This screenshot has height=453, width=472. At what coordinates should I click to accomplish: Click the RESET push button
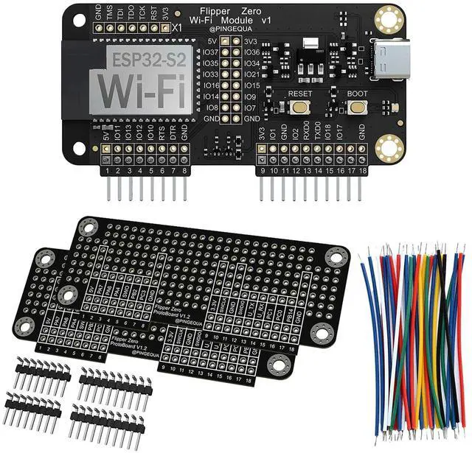301,108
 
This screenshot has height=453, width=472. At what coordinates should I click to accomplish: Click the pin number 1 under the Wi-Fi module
108,172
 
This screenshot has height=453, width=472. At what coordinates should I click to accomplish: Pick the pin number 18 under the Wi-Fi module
362,172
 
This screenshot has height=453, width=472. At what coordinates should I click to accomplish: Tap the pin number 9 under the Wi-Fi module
263,172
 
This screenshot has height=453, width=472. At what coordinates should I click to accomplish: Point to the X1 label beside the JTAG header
176,27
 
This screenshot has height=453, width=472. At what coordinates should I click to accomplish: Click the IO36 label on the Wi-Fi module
251,52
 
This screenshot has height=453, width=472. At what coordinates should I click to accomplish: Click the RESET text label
301,95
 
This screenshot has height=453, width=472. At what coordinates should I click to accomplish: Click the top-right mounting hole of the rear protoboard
337,256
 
